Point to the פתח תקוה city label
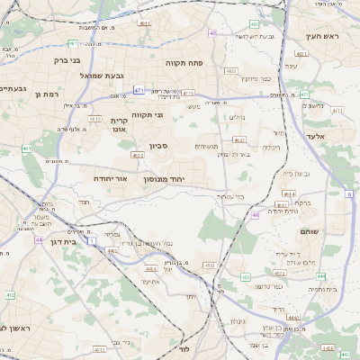point(186,64)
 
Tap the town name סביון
point(147,144)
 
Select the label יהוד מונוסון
point(163,179)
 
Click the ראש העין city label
point(319,36)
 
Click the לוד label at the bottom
point(184,347)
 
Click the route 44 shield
point(39,239)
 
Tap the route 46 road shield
point(256,214)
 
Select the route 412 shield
point(10,294)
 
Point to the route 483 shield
point(255,24)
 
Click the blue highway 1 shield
point(92,242)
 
